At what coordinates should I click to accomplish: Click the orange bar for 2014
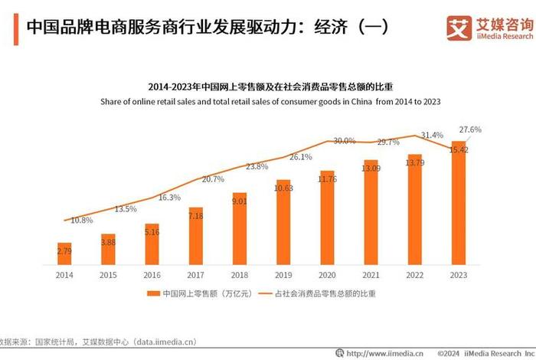coord(64,250)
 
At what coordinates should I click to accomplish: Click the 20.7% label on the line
coord(212,179)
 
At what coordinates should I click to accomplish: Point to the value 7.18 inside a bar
coord(195,217)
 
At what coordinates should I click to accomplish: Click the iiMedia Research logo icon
coord(459,28)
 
